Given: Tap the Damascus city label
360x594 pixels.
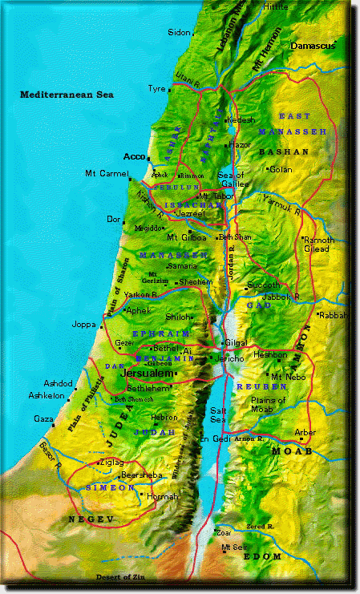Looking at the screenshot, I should point(313,46).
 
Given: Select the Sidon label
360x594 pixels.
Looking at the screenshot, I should point(179,32).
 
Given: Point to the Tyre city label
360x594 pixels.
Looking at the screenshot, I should point(156,89).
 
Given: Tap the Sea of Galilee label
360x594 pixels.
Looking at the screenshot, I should point(231,180).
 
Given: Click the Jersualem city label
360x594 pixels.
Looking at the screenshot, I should point(145,374).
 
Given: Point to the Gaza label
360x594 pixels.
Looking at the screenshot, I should point(42,419).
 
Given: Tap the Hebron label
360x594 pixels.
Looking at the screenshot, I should point(164,418).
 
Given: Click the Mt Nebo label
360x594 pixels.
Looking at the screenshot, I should point(287,376).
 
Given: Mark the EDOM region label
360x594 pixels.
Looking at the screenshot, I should point(265,556).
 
